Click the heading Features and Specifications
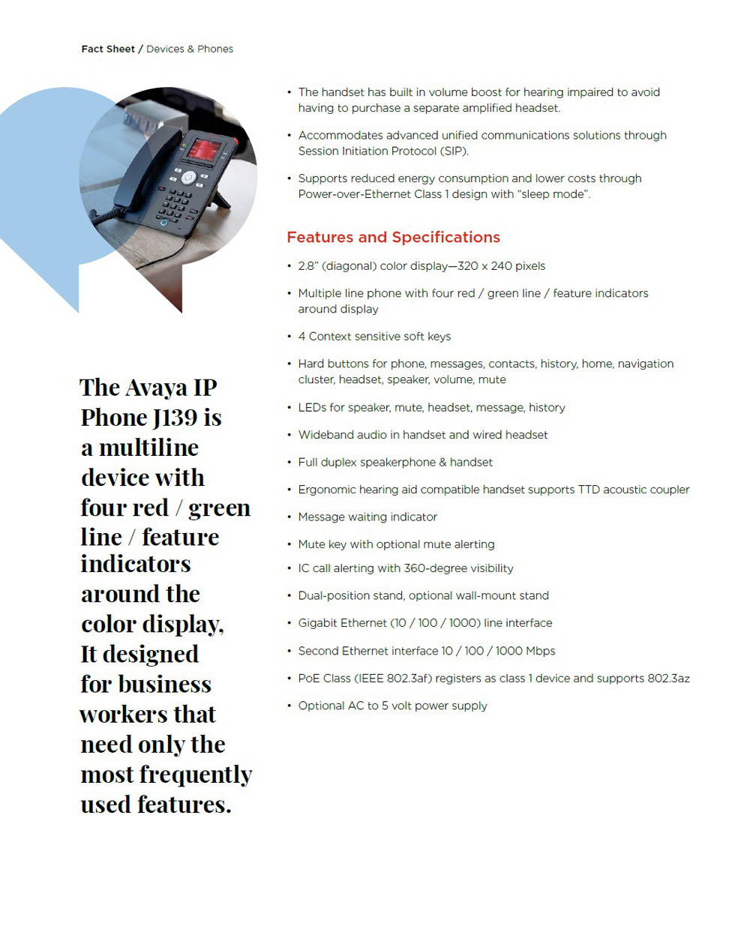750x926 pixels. click(x=393, y=238)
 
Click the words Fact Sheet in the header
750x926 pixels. click(x=108, y=49)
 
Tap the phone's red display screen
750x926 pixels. click(x=203, y=148)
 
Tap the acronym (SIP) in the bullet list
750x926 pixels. click(x=450, y=151)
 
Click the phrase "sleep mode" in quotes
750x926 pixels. click(x=553, y=194)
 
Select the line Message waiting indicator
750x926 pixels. click(x=367, y=517)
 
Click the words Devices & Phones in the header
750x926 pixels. click(x=190, y=49)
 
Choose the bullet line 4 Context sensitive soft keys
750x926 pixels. click(x=374, y=337)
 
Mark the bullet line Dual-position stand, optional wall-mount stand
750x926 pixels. click(x=423, y=596)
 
